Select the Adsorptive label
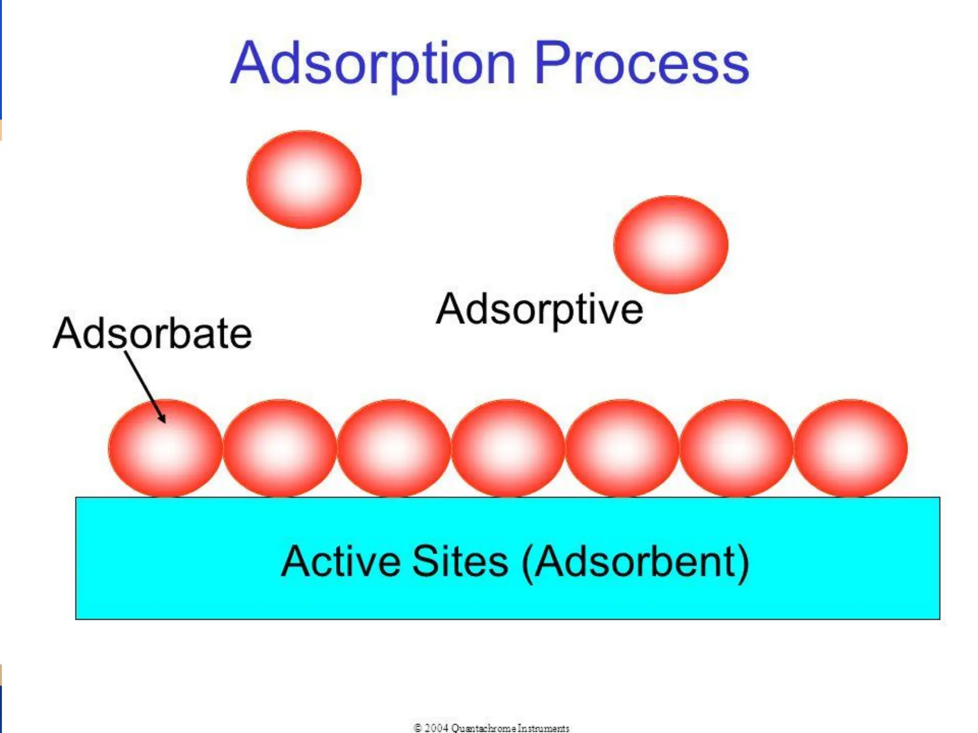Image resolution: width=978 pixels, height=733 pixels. point(539,309)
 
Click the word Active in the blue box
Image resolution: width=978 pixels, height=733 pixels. point(340,561)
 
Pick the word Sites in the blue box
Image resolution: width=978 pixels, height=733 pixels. point(460,561)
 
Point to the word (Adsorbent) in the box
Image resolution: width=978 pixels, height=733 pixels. point(636,562)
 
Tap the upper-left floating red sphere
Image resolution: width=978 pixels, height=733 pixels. point(304,179)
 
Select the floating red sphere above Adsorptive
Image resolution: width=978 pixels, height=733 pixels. point(671,244)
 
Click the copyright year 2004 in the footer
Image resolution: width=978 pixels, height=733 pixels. point(436,728)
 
